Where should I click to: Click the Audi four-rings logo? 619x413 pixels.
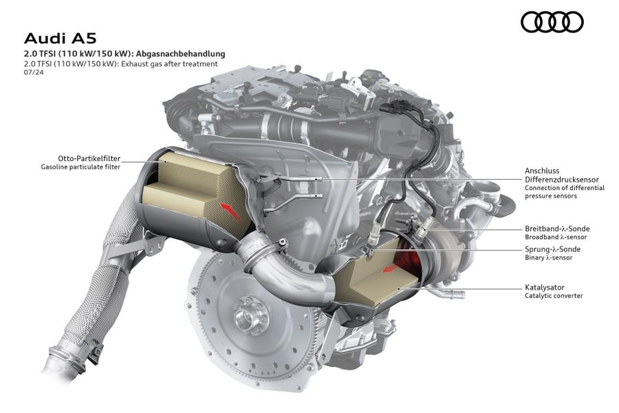pos(552,21)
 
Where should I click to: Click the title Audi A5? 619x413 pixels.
pos(60,39)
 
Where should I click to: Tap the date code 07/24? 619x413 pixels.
pos(34,72)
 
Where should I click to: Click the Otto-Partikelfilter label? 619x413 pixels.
pos(89,158)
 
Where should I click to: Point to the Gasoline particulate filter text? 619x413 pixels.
pos(80,167)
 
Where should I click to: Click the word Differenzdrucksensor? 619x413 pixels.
pos(561,180)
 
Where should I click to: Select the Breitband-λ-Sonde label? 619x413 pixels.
pos(557,229)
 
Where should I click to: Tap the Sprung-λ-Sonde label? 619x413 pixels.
pos(552,249)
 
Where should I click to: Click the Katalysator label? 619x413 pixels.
pos(545,287)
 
